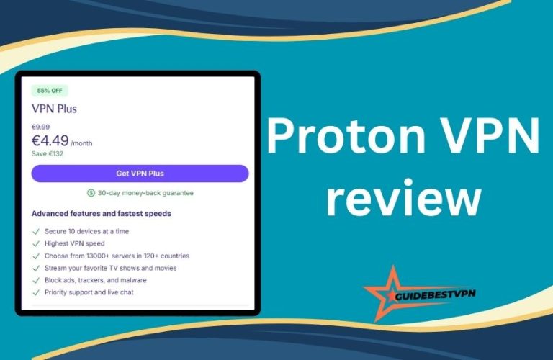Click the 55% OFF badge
pyautogui.click(x=50, y=91)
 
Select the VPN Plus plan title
pyautogui.click(x=54, y=109)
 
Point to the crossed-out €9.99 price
pyautogui.click(x=40, y=127)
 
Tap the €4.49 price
pyautogui.click(x=50, y=140)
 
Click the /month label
pyautogui.click(x=81, y=143)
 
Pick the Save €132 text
pyautogui.click(x=48, y=154)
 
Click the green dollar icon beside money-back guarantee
pyautogui.click(x=91, y=193)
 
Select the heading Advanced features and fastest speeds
pyautogui.click(x=102, y=213)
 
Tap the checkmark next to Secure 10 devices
pyautogui.click(x=35, y=232)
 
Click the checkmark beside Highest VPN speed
pyautogui.click(x=35, y=243)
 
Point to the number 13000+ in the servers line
pyautogui.click(x=98, y=256)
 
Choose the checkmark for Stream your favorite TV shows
pyautogui.click(x=35, y=269)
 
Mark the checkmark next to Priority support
pyautogui.click(x=35, y=292)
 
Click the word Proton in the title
pyautogui.click(x=346, y=135)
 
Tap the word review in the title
pyautogui.click(x=403, y=197)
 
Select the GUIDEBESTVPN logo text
pyautogui.click(x=435, y=294)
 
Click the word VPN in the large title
pyautogui.click(x=491, y=135)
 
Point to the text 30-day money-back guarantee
pyautogui.click(x=145, y=193)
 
